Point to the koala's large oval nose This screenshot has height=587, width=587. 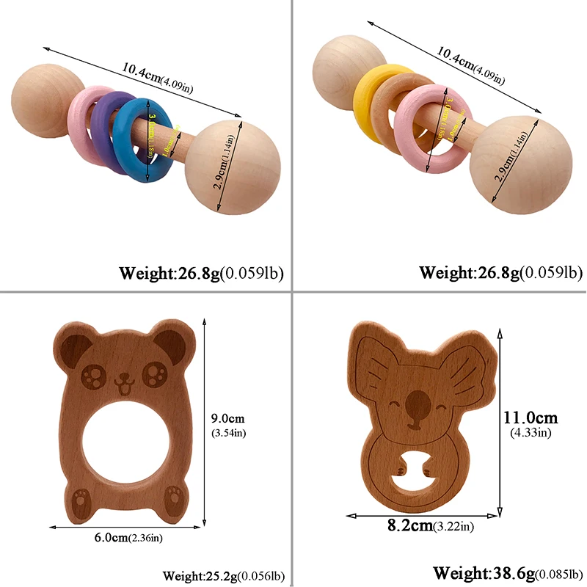click(x=418, y=401)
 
